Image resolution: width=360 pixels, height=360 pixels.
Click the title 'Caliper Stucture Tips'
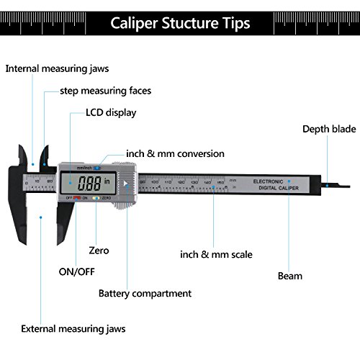(180, 23)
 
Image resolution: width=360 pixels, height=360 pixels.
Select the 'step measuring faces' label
(105, 91)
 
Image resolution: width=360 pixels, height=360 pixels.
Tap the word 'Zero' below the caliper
(99, 251)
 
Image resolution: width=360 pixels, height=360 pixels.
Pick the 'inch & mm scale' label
(216, 254)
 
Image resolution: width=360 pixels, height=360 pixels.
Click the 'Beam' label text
(290, 275)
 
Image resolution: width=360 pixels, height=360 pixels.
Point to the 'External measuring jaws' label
(73, 328)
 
